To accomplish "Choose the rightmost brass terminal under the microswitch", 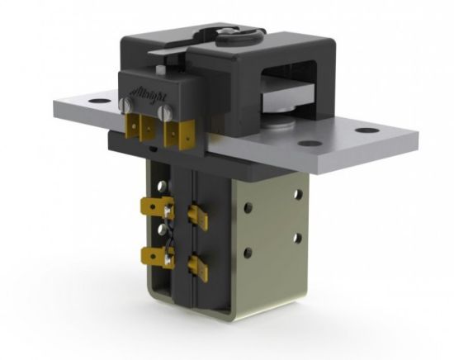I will pos(175,134).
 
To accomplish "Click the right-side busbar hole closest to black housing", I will pos(310,144).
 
